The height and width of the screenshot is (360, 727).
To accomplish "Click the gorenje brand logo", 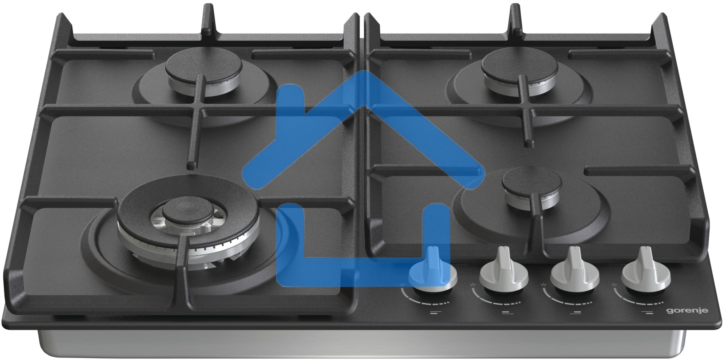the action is point(692,311).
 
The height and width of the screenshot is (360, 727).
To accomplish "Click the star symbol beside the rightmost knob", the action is point(613,284).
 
